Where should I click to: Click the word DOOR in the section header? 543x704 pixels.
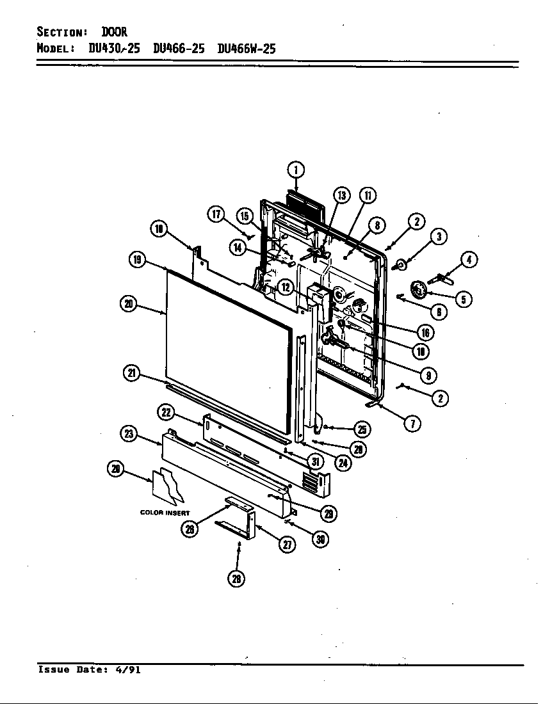[x=114, y=32]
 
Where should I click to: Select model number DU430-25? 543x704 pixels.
[x=113, y=49]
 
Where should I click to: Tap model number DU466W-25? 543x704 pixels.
[x=247, y=49]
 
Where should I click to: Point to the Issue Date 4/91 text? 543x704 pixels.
[x=89, y=670]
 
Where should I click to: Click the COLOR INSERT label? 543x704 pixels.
[x=165, y=513]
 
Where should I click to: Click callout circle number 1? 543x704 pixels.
[x=295, y=170]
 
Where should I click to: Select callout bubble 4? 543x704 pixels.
[x=469, y=260]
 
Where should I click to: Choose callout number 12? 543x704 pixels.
[x=286, y=288]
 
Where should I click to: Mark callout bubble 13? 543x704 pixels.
[x=342, y=195]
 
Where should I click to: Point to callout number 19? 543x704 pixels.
[x=137, y=259]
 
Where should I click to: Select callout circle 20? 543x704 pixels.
[x=129, y=303]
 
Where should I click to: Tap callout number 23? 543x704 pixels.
[x=129, y=433]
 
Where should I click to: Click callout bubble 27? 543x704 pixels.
[x=286, y=544]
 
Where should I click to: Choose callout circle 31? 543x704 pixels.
[x=314, y=461]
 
